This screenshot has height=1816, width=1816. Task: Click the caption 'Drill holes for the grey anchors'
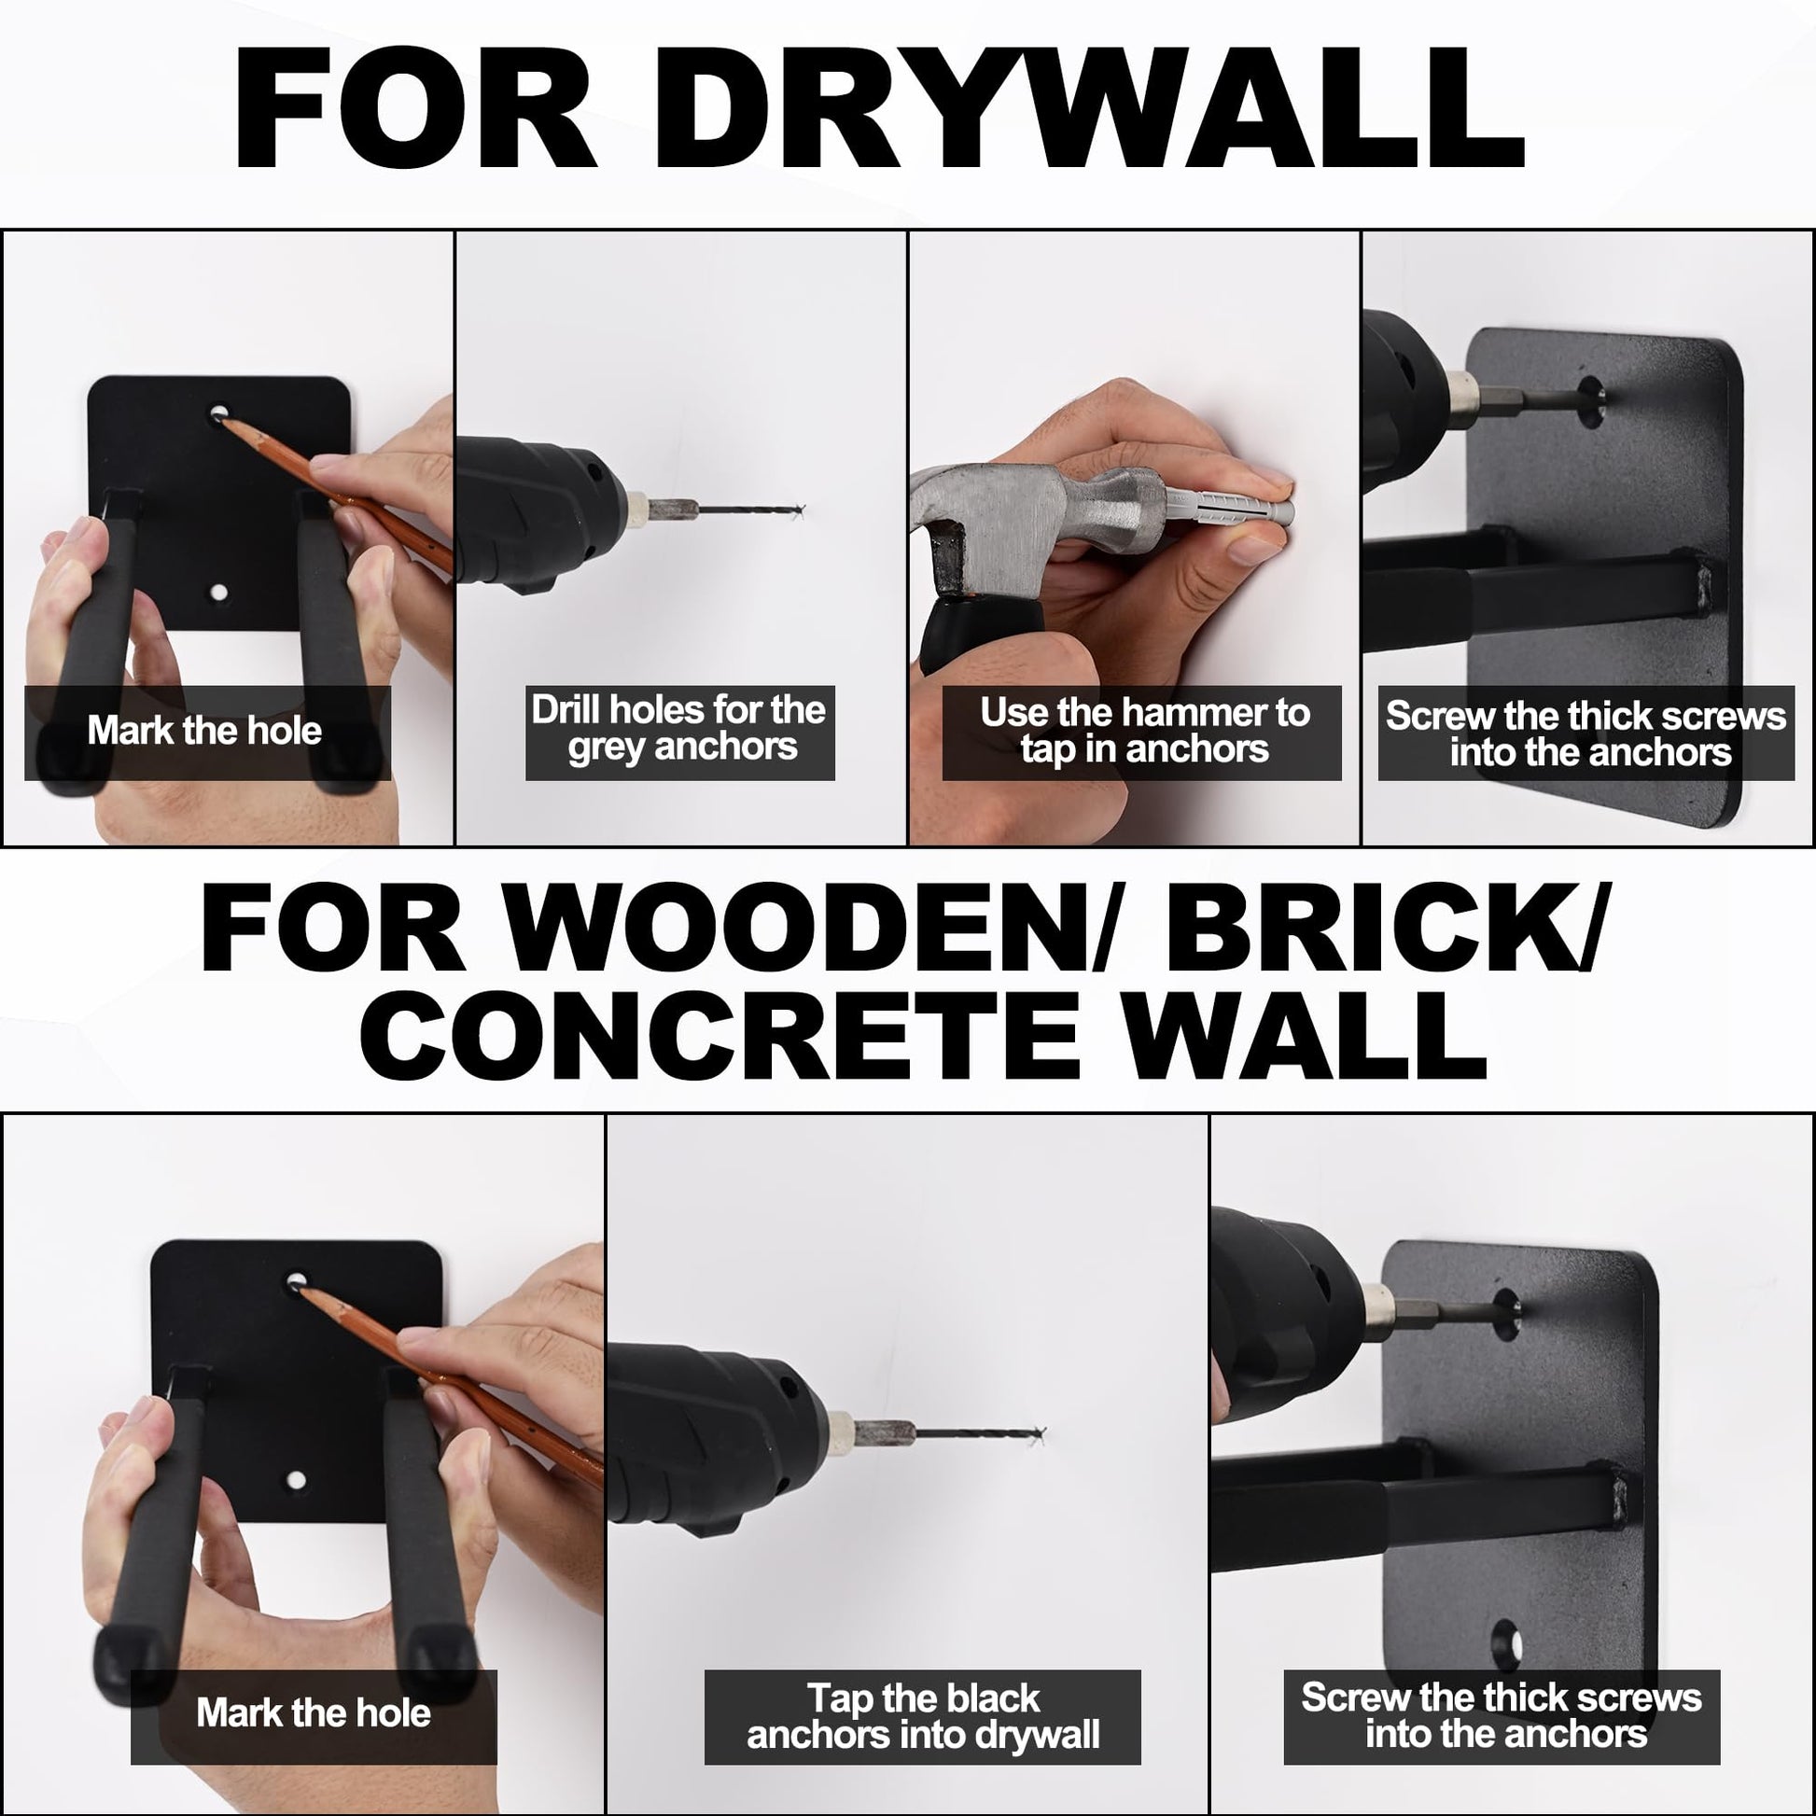coord(678,729)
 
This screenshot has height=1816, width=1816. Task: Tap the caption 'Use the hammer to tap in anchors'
coord(1144,732)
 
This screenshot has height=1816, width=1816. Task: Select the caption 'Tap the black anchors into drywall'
coord(922,1716)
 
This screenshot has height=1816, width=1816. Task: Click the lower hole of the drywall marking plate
coord(219,594)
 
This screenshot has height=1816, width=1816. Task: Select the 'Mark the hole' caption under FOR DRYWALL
coord(205,731)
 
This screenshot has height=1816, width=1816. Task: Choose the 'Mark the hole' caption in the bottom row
coord(313,1712)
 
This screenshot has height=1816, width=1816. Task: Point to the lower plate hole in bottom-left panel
coord(296,1481)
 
